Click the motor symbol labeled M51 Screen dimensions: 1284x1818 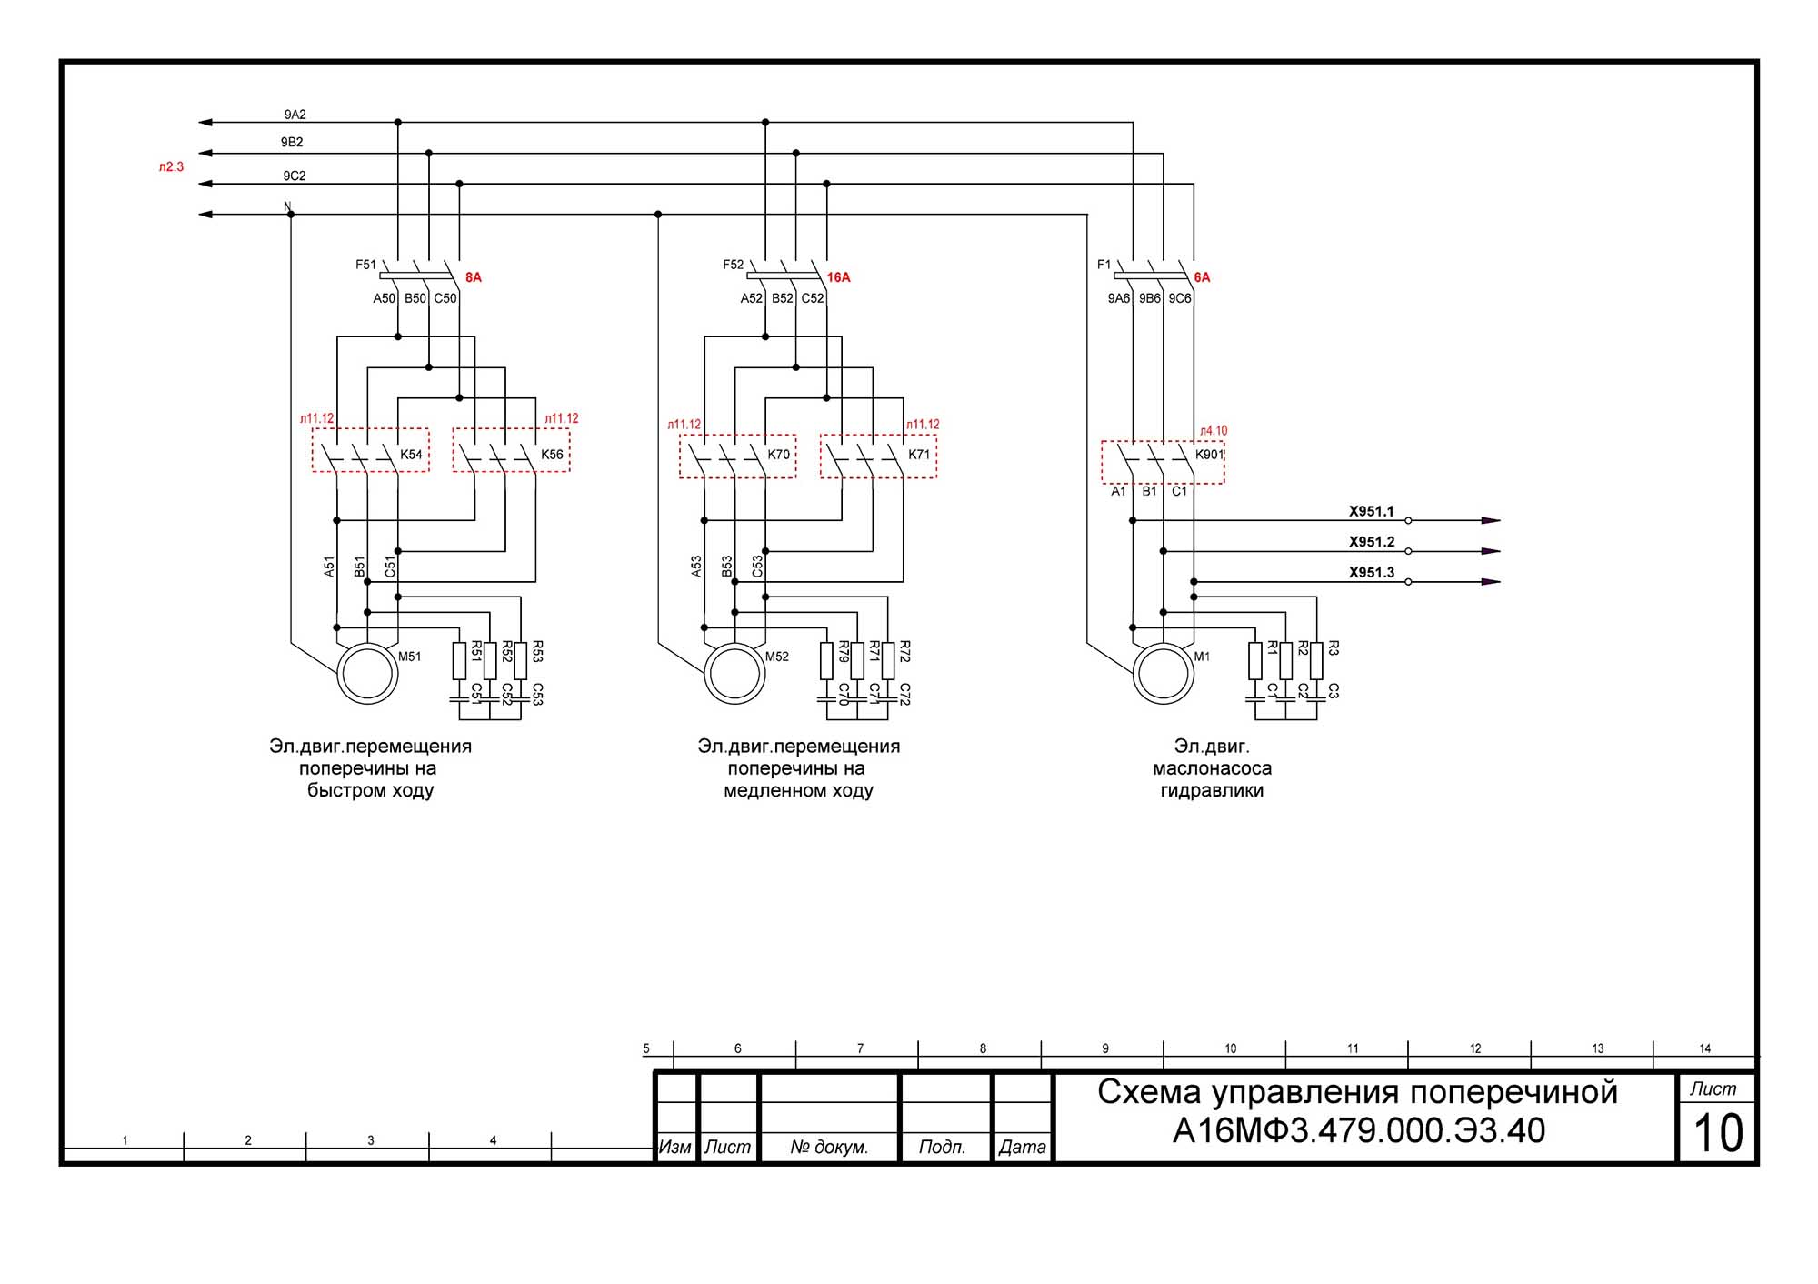(367, 674)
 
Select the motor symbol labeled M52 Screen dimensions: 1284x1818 (734, 674)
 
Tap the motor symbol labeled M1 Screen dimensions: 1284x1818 (1164, 674)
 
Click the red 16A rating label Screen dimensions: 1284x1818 (838, 277)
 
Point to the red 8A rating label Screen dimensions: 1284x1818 (473, 277)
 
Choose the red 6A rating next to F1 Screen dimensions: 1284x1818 (1202, 277)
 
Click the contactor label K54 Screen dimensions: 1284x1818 (411, 455)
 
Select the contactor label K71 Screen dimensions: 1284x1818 (919, 455)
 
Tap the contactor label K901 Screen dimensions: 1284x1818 (1209, 455)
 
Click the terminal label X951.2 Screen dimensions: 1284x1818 (1371, 542)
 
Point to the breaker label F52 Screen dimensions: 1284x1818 (733, 265)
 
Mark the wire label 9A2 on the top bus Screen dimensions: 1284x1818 (295, 115)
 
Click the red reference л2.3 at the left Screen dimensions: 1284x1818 (171, 167)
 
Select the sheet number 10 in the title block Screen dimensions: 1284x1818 (1717, 1133)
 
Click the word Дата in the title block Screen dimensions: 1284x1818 (1022, 1147)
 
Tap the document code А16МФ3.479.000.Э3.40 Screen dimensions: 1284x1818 (1358, 1130)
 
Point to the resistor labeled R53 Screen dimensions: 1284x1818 (521, 660)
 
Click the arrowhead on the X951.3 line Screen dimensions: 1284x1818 (1491, 582)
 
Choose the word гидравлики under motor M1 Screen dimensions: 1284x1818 (1212, 790)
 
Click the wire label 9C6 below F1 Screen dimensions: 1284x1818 (1179, 298)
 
